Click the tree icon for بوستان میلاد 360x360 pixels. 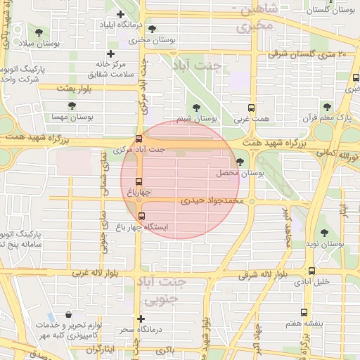[39, 33]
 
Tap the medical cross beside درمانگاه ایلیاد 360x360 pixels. [120, 14]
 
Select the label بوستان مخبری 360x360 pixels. [150, 40]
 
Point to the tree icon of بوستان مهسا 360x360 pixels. [72, 105]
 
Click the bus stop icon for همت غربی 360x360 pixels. [251, 108]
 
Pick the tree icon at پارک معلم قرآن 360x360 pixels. [326, 106]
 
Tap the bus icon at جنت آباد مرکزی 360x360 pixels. [139, 139]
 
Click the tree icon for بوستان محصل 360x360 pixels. [240, 162]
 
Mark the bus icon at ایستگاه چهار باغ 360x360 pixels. [142, 216]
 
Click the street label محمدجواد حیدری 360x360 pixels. [211, 200]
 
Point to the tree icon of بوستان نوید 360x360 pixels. [323, 233]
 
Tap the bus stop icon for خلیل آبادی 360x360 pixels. [311, 270]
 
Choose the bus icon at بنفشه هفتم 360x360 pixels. [303, 312]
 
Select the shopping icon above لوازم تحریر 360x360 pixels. [68, 316]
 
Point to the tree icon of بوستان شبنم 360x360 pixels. [195, 108]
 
